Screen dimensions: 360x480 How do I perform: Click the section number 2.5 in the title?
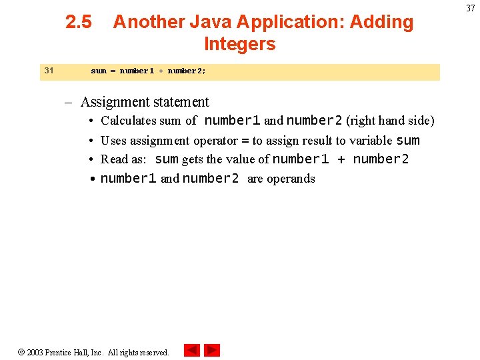pos(79,22)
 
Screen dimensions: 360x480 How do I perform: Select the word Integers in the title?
pos(239,44)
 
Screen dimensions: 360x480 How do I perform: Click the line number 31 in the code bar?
pos(49,70)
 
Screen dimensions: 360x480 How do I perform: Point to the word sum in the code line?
pos(98,71)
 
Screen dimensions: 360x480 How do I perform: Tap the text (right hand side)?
pos(390,121)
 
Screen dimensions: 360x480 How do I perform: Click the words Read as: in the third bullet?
pos(123,160)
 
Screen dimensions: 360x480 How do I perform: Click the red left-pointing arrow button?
pos(192,350)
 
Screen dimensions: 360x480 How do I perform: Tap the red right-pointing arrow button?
pos(212,350)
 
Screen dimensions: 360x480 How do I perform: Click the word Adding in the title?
pos(383,22)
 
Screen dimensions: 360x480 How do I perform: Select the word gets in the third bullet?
pos(192,160)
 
